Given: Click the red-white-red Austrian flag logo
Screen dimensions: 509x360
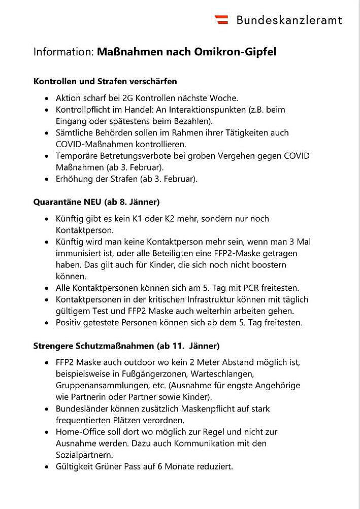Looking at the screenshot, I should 221,20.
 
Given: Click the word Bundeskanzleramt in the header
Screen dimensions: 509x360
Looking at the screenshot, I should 289,20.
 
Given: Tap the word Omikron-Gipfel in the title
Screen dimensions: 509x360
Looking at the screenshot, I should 235,52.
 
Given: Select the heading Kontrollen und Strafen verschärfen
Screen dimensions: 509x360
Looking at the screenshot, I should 105,81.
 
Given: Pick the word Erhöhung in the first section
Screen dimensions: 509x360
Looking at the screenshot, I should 74,179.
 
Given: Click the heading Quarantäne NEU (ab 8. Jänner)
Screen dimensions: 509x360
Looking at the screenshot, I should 96,202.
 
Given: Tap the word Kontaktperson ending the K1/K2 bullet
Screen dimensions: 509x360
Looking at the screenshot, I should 85,230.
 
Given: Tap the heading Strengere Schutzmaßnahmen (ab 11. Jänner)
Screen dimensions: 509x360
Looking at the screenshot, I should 126,346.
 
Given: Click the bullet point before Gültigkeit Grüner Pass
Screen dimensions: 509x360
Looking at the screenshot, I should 47,467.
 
